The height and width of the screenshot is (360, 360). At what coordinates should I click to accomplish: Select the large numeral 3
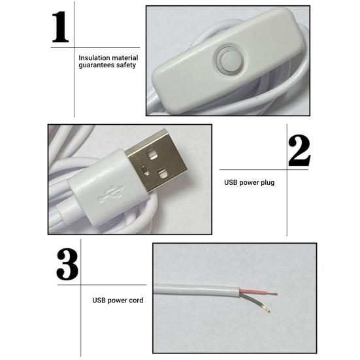(x=67, y=263)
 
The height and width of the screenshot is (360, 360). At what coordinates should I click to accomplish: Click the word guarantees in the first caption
(x=95, y=65)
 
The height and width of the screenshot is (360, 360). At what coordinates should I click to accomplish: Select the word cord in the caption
(x=136, y=301)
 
